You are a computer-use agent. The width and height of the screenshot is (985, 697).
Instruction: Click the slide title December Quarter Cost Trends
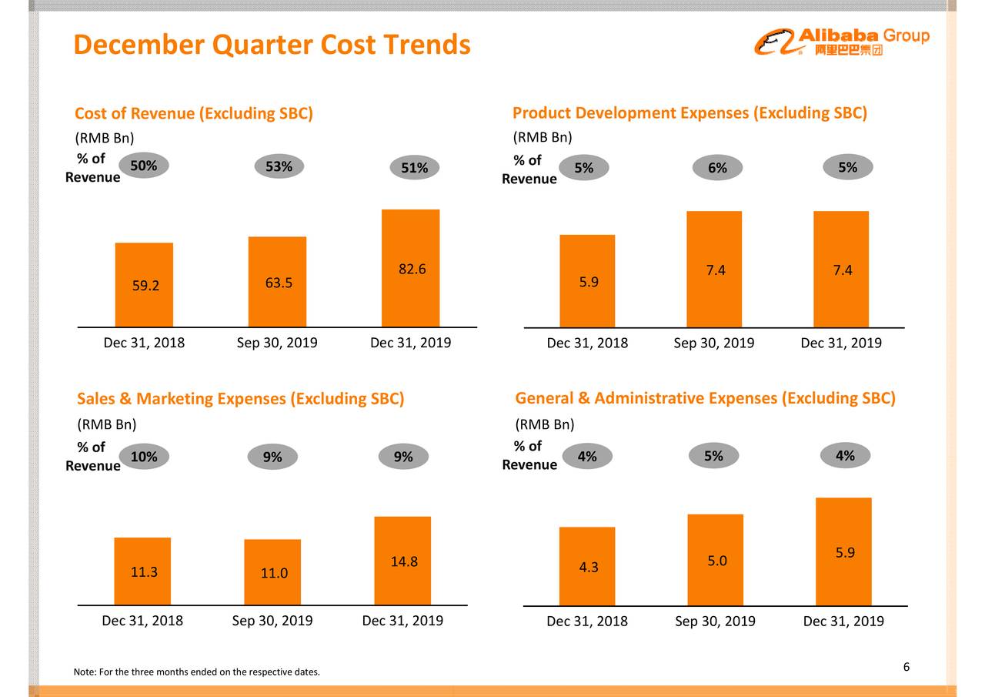click(272, 45)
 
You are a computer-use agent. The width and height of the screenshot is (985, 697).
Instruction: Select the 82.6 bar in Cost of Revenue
click(410, 268)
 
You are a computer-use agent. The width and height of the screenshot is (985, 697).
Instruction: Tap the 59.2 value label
click(145, 286)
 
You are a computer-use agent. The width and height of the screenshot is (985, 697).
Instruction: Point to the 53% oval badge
click(279, 166)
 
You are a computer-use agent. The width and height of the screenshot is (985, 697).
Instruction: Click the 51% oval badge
click(414, 169)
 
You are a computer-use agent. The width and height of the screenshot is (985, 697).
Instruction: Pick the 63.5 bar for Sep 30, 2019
click(277, 282)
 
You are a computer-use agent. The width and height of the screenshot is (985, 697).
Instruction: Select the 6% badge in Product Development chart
click(717, 168)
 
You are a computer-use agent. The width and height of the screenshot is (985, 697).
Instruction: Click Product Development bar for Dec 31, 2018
click(587, 280)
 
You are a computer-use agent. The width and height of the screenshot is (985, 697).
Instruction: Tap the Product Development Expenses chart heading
click(689, 113)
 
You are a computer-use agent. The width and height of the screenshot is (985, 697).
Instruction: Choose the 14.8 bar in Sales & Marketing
click(402, 561)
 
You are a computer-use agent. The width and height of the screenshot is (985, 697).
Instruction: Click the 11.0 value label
click(273, 573)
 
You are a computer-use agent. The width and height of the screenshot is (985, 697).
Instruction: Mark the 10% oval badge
click(144, 457)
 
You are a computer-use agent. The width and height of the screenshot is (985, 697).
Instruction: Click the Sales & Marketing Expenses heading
click(240, 398)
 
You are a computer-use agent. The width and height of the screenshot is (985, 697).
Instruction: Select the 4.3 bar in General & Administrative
click(587, 566)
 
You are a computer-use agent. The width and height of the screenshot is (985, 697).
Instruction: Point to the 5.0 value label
click(716, 561)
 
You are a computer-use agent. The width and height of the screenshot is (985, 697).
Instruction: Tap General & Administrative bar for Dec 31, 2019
click(843, 551)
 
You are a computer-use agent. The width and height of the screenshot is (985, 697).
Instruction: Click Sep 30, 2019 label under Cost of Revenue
click(277, 343)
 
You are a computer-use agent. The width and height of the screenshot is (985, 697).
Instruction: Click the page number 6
click(906, 667)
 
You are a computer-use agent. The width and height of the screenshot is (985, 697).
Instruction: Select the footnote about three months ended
click(196, 672)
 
